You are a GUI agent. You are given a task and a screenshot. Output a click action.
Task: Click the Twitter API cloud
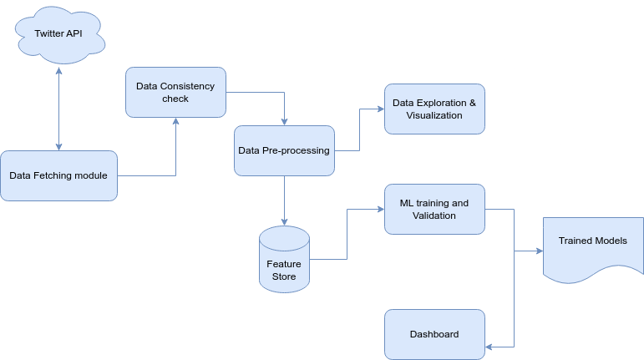tap(58, 33)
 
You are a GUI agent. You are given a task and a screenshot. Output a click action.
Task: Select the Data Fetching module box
tap(58, 175)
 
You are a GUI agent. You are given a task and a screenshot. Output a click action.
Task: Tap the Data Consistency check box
tap(175, 92)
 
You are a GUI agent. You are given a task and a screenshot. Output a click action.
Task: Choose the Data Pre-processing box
tap(284, 150)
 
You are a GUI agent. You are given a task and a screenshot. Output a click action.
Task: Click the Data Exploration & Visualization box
tap(434, 109)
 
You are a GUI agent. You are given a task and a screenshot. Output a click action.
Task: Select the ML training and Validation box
tap(434, 209)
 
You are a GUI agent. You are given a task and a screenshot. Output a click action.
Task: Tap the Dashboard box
tap(434, 334)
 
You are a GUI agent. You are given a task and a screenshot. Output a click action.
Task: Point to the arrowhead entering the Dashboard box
tap(489, 347)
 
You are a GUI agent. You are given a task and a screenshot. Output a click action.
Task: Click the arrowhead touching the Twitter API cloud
tap(58, 71)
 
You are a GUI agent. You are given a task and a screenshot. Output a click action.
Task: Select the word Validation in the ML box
tap(434, 215)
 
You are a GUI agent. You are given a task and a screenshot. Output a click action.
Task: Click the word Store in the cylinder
tap(284, 276)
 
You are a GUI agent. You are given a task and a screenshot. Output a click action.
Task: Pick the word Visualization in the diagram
tap(434, 115)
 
